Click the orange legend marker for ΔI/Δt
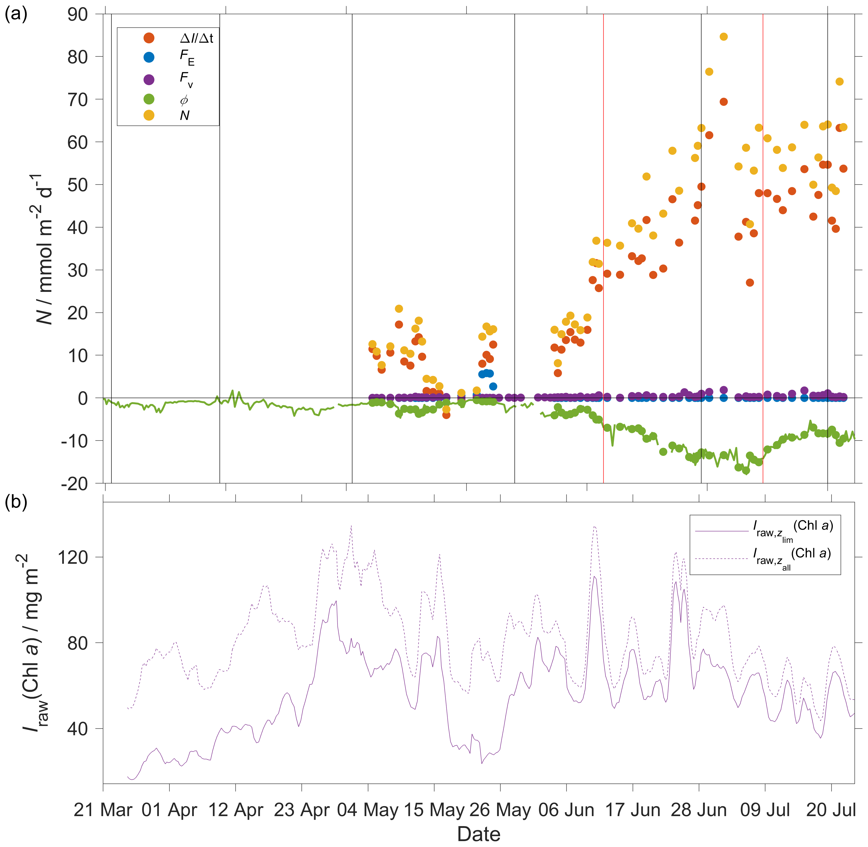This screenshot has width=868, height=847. [149, 38]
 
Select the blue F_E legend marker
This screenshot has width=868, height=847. [149, 57]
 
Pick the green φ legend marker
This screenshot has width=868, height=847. [149, 99]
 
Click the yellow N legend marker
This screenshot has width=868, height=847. [149, 115]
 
